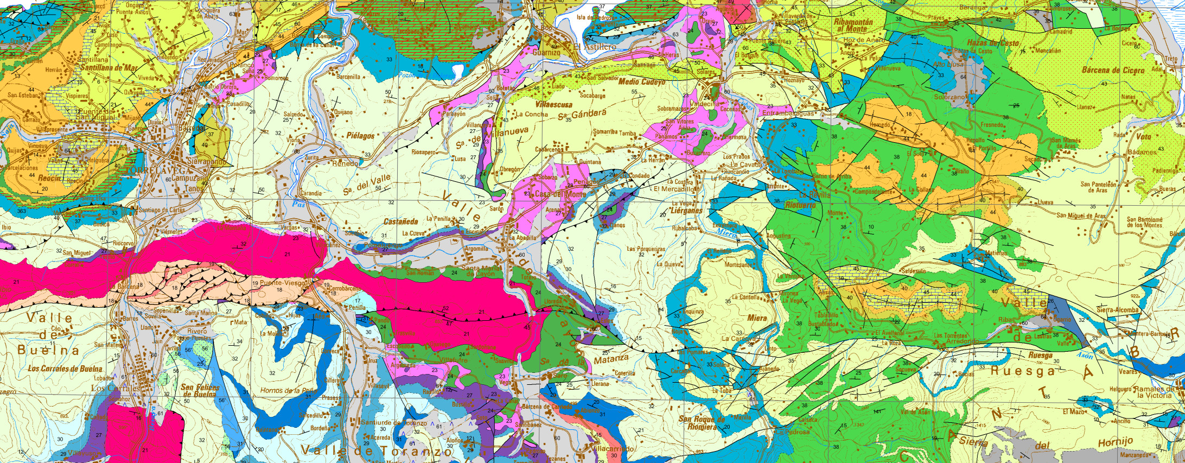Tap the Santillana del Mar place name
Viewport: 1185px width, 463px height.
(107, 68)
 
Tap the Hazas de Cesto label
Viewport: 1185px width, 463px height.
(993, 43)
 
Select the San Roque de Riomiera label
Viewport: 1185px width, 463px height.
(701, 423)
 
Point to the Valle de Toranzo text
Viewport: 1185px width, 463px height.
(376, 451)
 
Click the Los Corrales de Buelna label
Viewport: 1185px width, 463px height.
(65, 369)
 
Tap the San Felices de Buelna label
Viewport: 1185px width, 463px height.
(200, 391)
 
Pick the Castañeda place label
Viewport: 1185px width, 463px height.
(400, 221)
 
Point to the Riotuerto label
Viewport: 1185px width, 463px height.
(800, 206)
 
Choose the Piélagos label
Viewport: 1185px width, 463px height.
(361, 136)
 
